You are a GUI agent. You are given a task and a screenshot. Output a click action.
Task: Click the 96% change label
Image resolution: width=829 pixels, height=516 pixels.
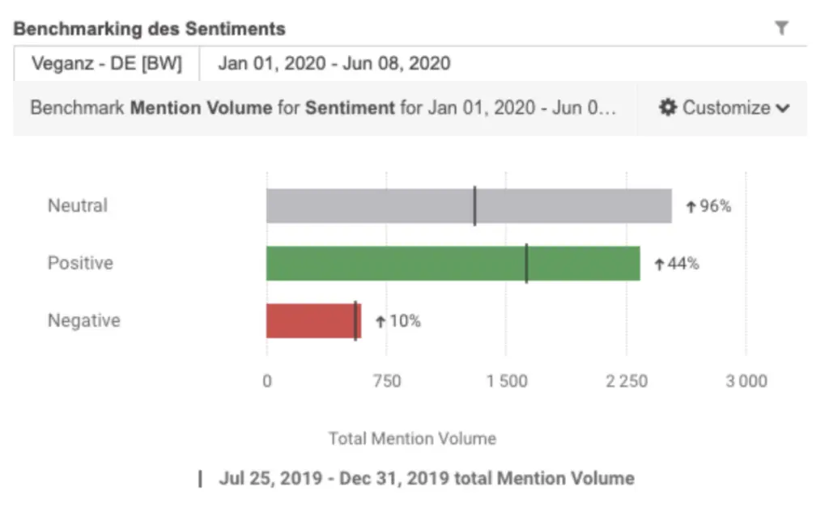click(708, 206)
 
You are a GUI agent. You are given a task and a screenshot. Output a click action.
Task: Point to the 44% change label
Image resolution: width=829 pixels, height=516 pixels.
click(677, 264)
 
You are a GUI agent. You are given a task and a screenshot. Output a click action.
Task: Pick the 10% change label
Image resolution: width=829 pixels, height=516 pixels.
click(398, 321)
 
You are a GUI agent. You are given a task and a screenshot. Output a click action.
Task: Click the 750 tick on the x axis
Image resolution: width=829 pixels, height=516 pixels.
click(386, 381)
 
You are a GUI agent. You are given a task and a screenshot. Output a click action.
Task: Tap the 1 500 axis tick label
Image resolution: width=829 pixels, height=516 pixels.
click(506, 381)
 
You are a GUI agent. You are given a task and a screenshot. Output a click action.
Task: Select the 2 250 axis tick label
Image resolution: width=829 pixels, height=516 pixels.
click(626, 381)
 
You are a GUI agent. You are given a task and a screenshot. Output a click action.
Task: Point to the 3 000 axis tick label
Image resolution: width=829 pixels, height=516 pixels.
click(746, 381)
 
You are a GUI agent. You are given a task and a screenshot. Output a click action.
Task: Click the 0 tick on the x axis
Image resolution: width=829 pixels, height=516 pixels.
click(267, 381)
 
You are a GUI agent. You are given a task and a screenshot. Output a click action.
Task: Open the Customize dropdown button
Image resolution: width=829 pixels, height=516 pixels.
click(723, 108)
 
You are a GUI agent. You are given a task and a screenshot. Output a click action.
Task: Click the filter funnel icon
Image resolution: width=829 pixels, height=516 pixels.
click(781, 28)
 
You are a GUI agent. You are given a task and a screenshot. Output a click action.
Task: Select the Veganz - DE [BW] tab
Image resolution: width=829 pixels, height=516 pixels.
click(106, 64)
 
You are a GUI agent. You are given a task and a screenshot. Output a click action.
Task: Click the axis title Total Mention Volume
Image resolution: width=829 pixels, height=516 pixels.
click(412, 438)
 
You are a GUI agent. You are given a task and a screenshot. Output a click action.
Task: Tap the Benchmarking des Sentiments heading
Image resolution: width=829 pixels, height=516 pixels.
click(150, 29)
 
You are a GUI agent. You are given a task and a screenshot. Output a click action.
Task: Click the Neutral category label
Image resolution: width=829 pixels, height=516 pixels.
click(78, 205)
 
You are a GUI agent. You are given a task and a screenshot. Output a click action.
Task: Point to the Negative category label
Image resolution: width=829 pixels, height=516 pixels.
click(83, 320)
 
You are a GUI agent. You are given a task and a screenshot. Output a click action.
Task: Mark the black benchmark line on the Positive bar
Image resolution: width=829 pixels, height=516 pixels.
click(526, 264)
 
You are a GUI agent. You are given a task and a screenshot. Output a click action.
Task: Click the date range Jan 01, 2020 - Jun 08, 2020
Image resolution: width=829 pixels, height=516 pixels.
click(334, 64)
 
